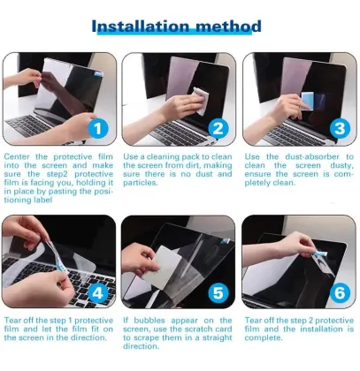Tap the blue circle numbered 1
(99, 129)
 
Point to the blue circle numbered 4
(99, 291)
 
